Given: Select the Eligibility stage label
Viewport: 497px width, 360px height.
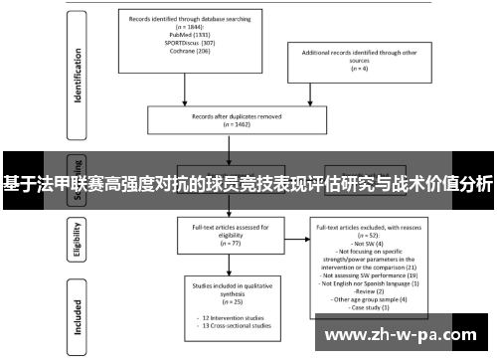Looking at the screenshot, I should pos(76,240).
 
